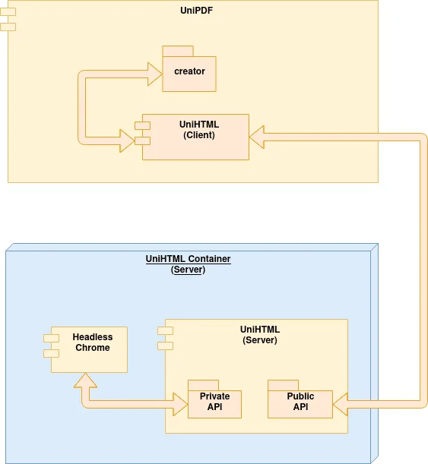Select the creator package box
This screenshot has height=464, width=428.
[x=189, y=74]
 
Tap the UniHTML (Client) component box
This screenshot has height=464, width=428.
[x=199, y=137]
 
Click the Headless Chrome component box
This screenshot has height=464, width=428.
[x=91, y=349]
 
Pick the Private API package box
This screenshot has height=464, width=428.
[x=214, y=403]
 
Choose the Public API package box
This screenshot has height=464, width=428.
[x=300, y=403]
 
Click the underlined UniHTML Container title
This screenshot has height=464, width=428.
[x=188, y=259]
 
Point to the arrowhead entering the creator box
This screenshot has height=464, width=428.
[x=154, y=74]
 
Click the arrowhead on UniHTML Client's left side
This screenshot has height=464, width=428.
[x=125, y=140]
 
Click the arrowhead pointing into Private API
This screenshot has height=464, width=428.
[x=179, y=403]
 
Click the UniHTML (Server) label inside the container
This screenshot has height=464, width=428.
[x=259, y=334]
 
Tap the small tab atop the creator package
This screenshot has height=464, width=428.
[x=178, y=51]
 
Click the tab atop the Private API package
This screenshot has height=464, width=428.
[x=203, y=384]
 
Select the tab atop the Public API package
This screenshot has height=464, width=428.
[x=282, y=384]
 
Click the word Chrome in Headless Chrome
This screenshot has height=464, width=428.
[x=92, y=348]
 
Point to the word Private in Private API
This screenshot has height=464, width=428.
[x=214, y=396]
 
